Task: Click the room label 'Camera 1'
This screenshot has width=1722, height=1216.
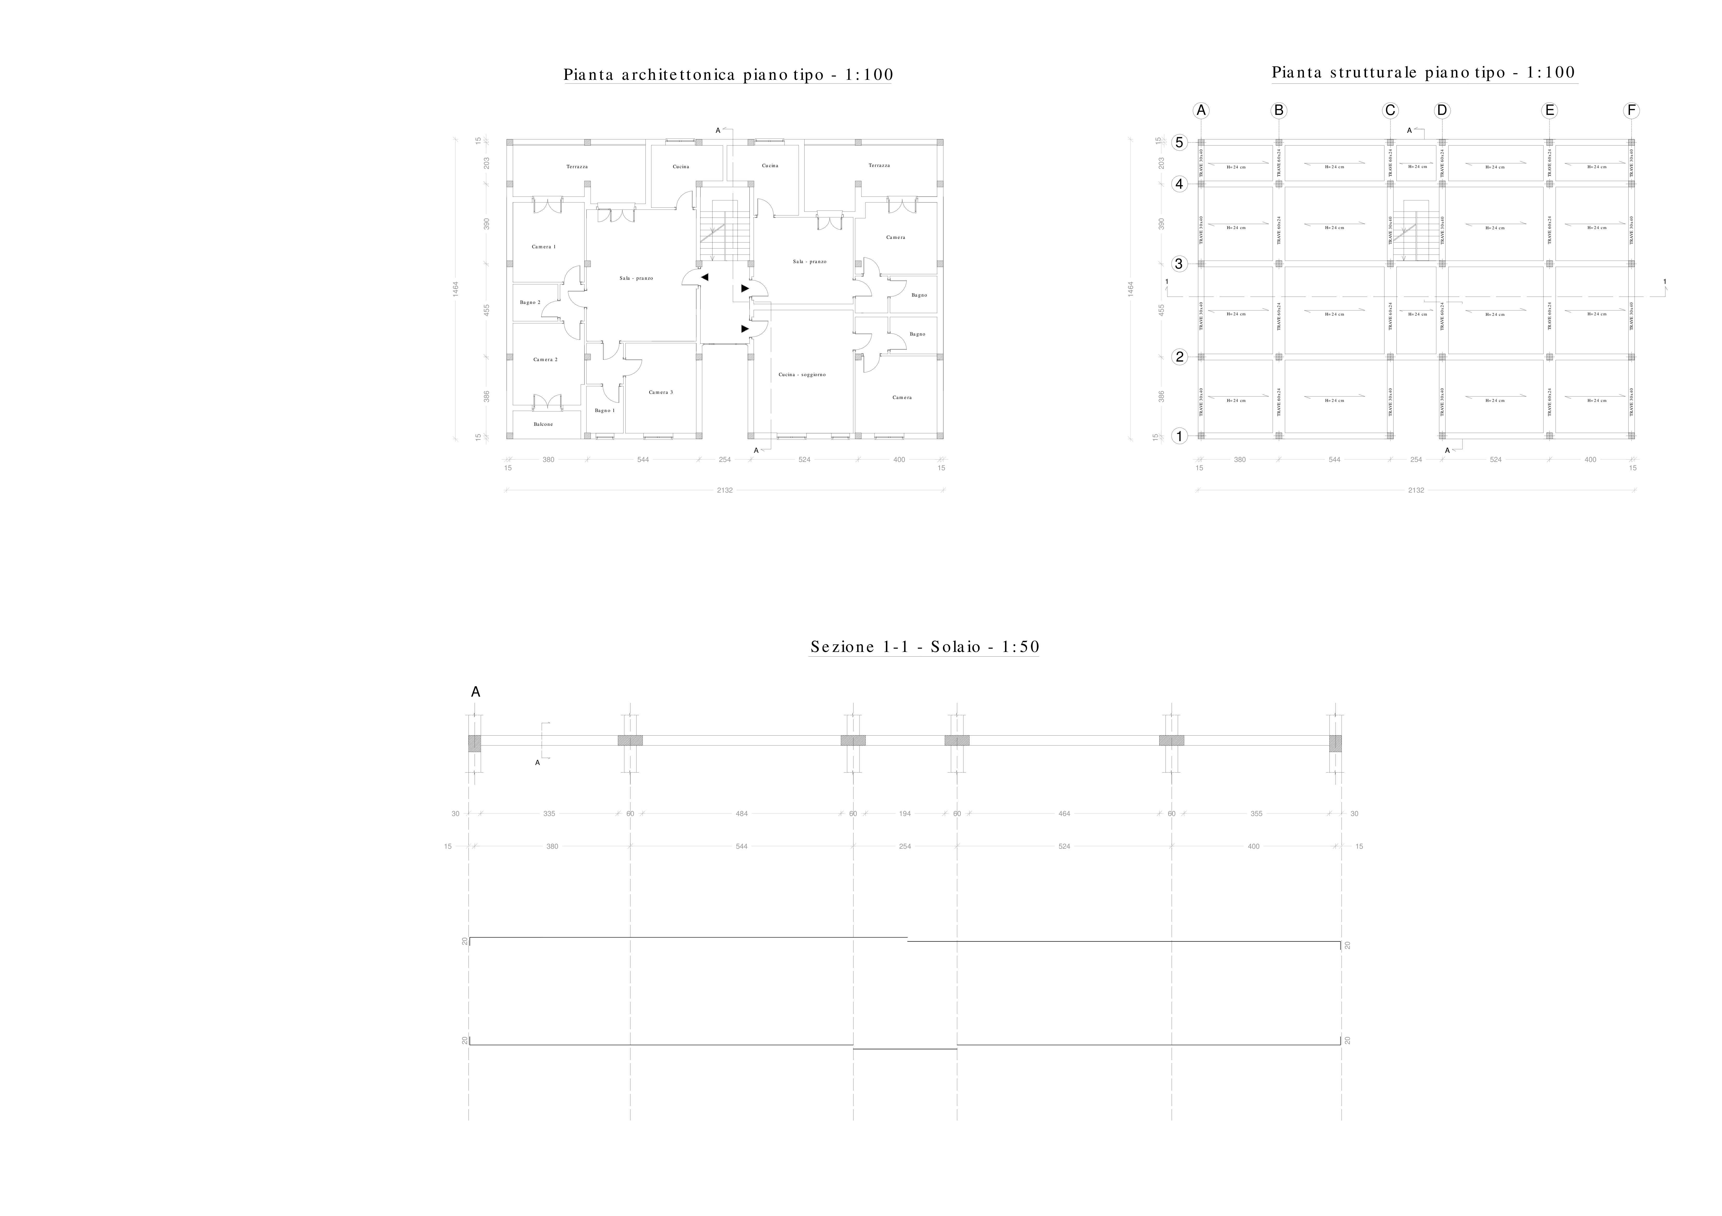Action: [x=544, y=247]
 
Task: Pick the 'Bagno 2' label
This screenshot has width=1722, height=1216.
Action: [x=530, y=302]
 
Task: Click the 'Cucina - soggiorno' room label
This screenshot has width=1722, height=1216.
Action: [x=802, y=374]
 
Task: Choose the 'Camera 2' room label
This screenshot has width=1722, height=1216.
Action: [x=545, y=360]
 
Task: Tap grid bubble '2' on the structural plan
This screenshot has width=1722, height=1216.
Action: [x=1179, y=357]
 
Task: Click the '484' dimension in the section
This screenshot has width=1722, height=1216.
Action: [x=742, y=813]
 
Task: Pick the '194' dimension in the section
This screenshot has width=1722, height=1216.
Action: [x=904, y=813]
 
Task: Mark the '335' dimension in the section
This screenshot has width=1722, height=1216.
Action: [x=549, y=813]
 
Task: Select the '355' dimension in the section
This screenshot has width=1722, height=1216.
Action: [x=1256, y=813]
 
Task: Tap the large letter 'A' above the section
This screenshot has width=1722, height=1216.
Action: [x=476, y=692]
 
